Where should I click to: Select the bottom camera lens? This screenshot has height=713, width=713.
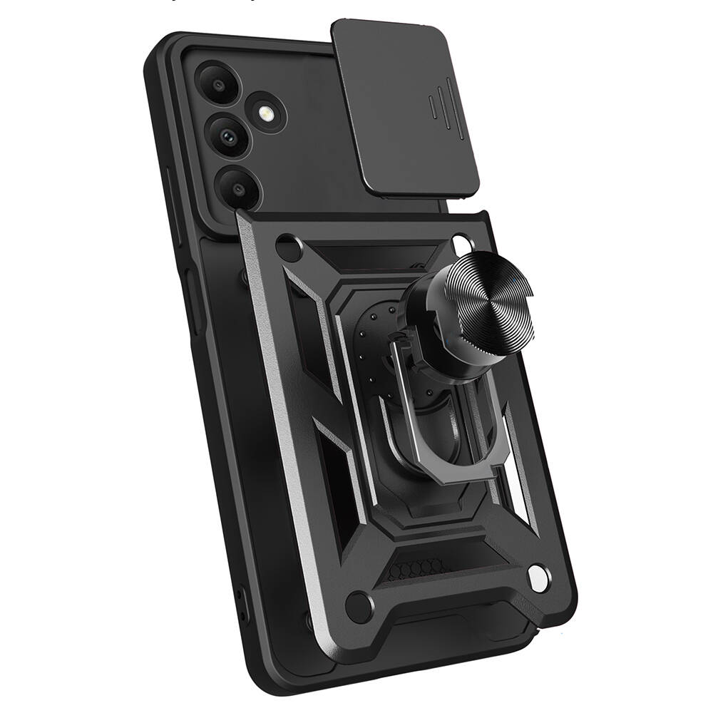point(237,188)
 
